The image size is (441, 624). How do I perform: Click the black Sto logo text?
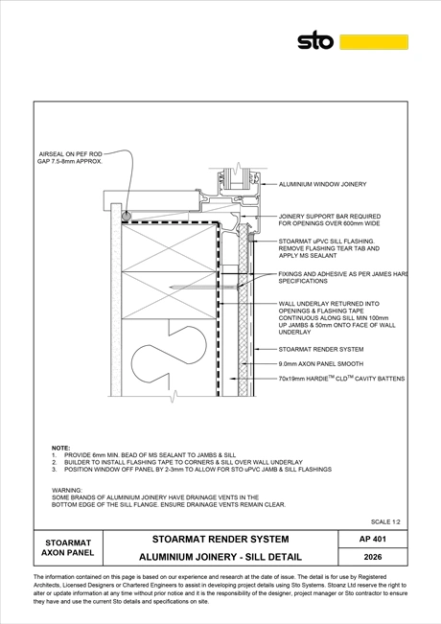(x=315, y=40)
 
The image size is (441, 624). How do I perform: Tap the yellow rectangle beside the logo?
(x=374, y=42)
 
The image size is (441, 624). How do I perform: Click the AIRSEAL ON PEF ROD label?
(x=70, y=154)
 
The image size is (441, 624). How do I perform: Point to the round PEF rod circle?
(x=127, y=216)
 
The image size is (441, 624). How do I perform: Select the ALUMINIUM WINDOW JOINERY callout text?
(x=322, y=184)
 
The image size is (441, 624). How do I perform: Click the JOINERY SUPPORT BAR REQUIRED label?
(x=330, y=217)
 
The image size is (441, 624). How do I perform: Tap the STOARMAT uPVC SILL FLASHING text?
(x=326, y=242)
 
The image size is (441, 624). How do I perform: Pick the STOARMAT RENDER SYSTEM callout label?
(x=321, y=350)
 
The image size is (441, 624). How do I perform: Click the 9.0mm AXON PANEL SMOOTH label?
(x=321, y=363)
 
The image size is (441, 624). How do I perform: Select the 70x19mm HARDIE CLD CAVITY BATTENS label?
(x=341, y=379)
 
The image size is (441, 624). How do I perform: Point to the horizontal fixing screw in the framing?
(x=203, y=287)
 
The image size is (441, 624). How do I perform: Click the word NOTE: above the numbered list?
(x=61, y=448)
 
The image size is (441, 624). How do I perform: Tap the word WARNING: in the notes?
(x=67, y=491)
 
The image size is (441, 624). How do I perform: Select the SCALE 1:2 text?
(x=385, y=521)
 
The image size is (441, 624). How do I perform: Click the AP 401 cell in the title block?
(x=373, y=539)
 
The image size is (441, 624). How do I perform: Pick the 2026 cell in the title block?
(x=373, y=557)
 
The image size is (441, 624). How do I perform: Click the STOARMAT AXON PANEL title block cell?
(x=68, y=547)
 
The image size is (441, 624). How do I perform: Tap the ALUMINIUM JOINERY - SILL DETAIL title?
(x=220, y=557)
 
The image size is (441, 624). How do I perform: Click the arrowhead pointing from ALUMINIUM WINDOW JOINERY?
(x=264, y=184)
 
